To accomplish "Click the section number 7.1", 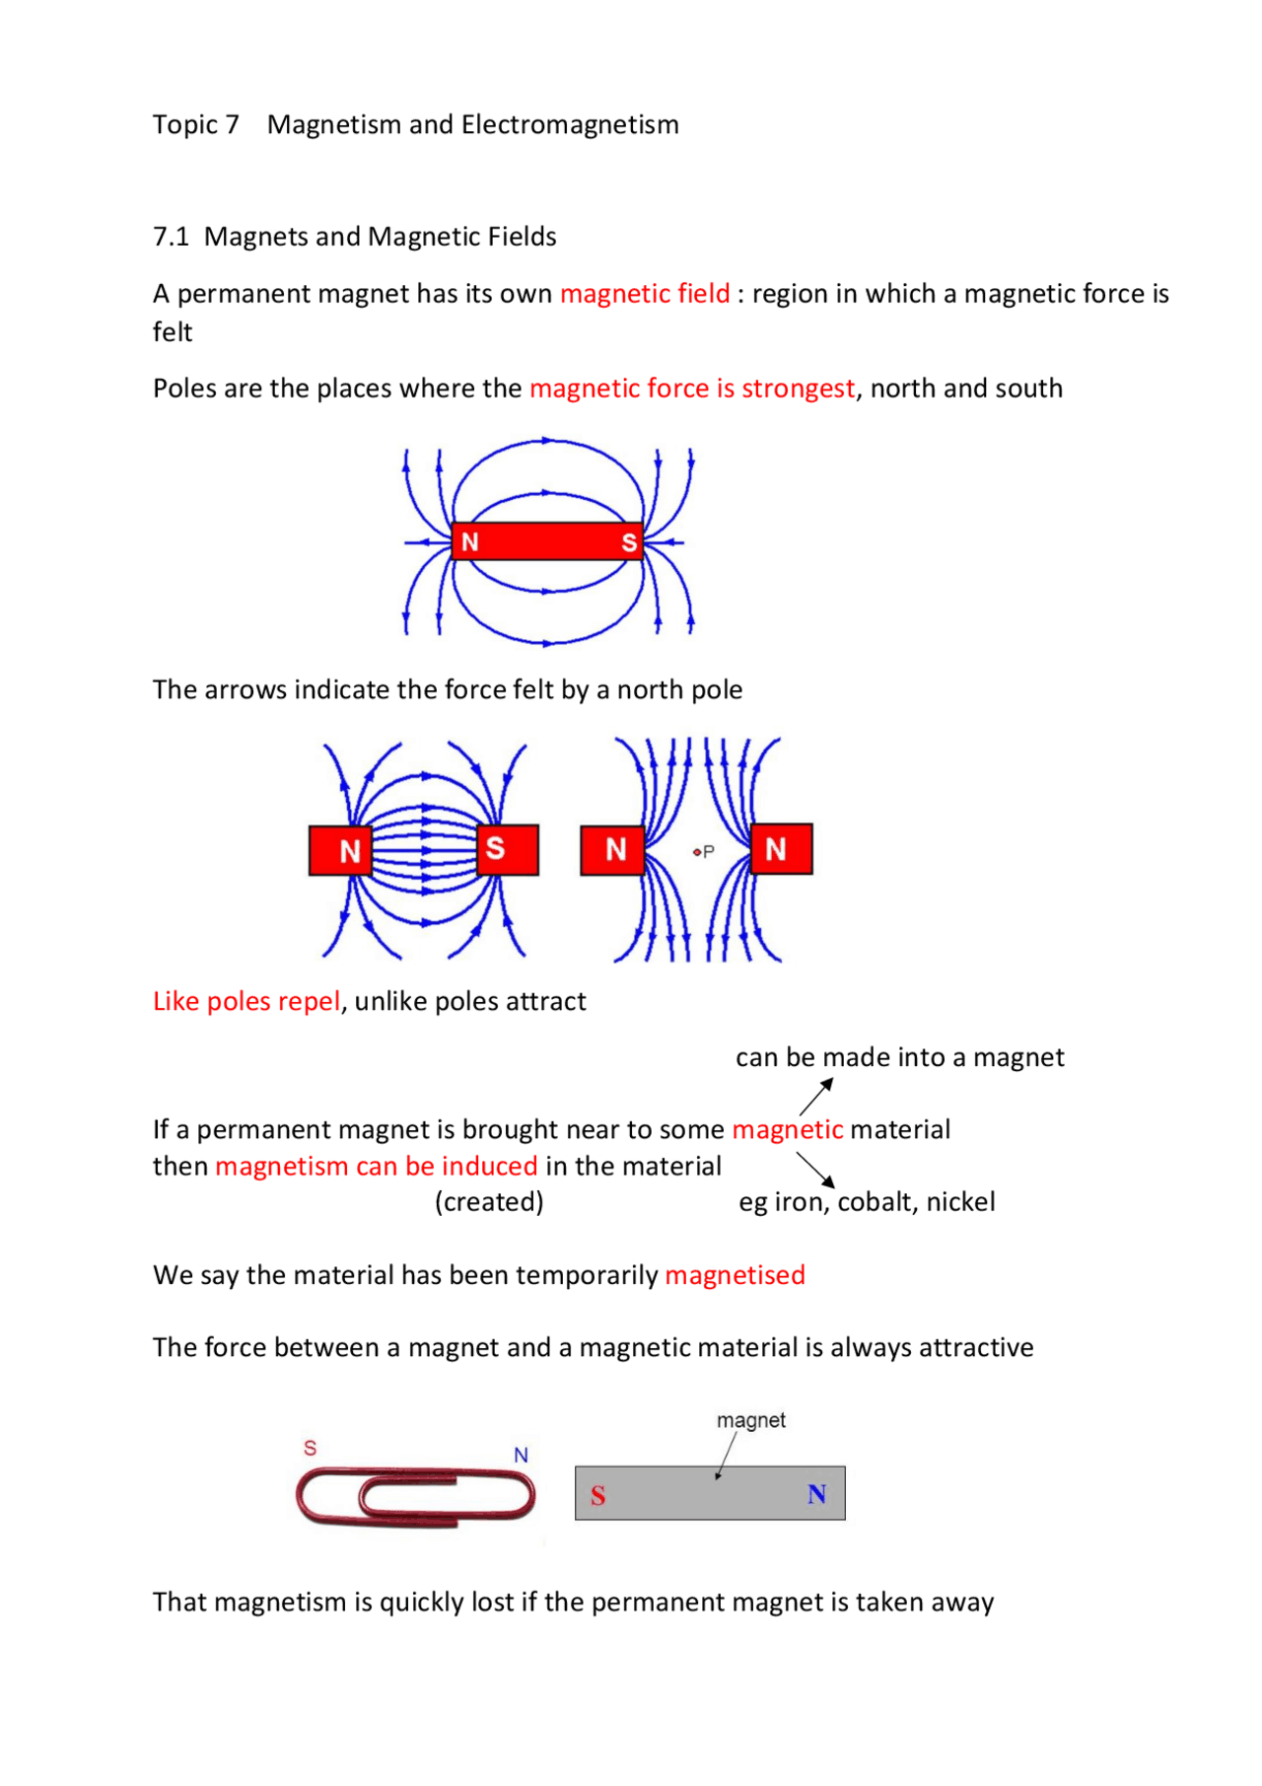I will [x=171, y=238].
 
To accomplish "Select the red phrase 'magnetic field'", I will [x=645, y=294].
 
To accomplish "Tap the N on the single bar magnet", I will [x=470, y=541].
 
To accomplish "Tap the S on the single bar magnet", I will [x=628, y=542].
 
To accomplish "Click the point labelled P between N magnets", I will [x=697, y=851].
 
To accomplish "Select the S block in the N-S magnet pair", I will [x=507, y=849].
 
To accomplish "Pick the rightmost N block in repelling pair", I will [x=781, y=849].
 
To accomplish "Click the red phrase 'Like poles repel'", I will [x=246, y=1002].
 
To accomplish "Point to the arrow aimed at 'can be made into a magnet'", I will [x=816, y=1097].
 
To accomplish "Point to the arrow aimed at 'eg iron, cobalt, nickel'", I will [x=815, y=1170].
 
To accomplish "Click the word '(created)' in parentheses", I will [x=489, y=1202].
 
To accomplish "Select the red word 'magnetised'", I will [x=735, y=1276].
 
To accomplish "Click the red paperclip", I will [x=415, y=1496].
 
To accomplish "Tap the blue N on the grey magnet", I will [x=816, y=1494].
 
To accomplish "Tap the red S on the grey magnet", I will [x=597, y=1496].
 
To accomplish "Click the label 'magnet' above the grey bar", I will [x=750, y=1421].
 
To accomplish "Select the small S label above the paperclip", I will [x=310, y=1448].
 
